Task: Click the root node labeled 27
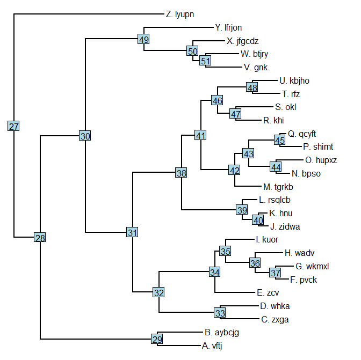14,126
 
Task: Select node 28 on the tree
40,238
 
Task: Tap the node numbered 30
85,136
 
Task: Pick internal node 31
132,232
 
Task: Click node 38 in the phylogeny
182,173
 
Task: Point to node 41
201,136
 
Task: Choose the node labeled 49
143,39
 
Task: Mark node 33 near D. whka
220,313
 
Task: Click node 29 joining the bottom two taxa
156,339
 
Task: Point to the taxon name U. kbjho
294,81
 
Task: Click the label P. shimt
318,147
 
